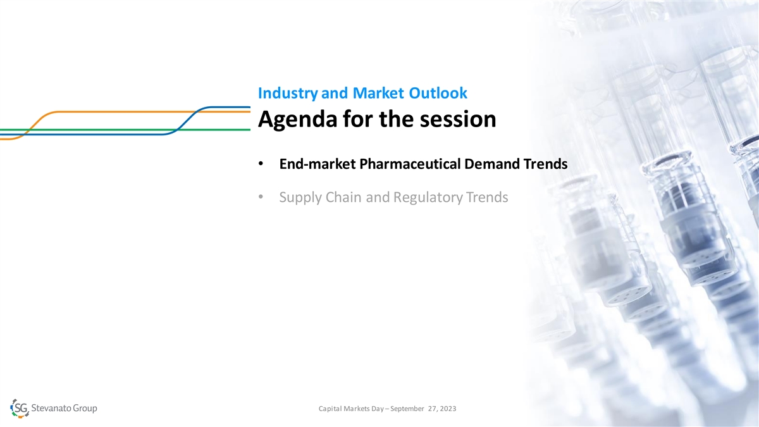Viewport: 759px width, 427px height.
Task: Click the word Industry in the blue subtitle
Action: point(288,94)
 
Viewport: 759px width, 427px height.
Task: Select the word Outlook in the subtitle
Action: point(438,93)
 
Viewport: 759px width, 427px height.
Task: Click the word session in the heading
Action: point(458,120)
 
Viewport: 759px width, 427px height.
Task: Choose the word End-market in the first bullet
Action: point(318,164)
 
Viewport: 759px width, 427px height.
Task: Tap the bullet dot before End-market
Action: point(261,164)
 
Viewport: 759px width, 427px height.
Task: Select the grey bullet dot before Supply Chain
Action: point(261,197)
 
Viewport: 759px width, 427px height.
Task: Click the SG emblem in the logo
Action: point(20,409)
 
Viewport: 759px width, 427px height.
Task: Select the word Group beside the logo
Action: point(85,409)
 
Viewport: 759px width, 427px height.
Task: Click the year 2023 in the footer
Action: point(448,409)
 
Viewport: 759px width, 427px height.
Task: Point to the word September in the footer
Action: point(407,409)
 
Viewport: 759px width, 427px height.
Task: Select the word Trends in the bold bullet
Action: point(545,164)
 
